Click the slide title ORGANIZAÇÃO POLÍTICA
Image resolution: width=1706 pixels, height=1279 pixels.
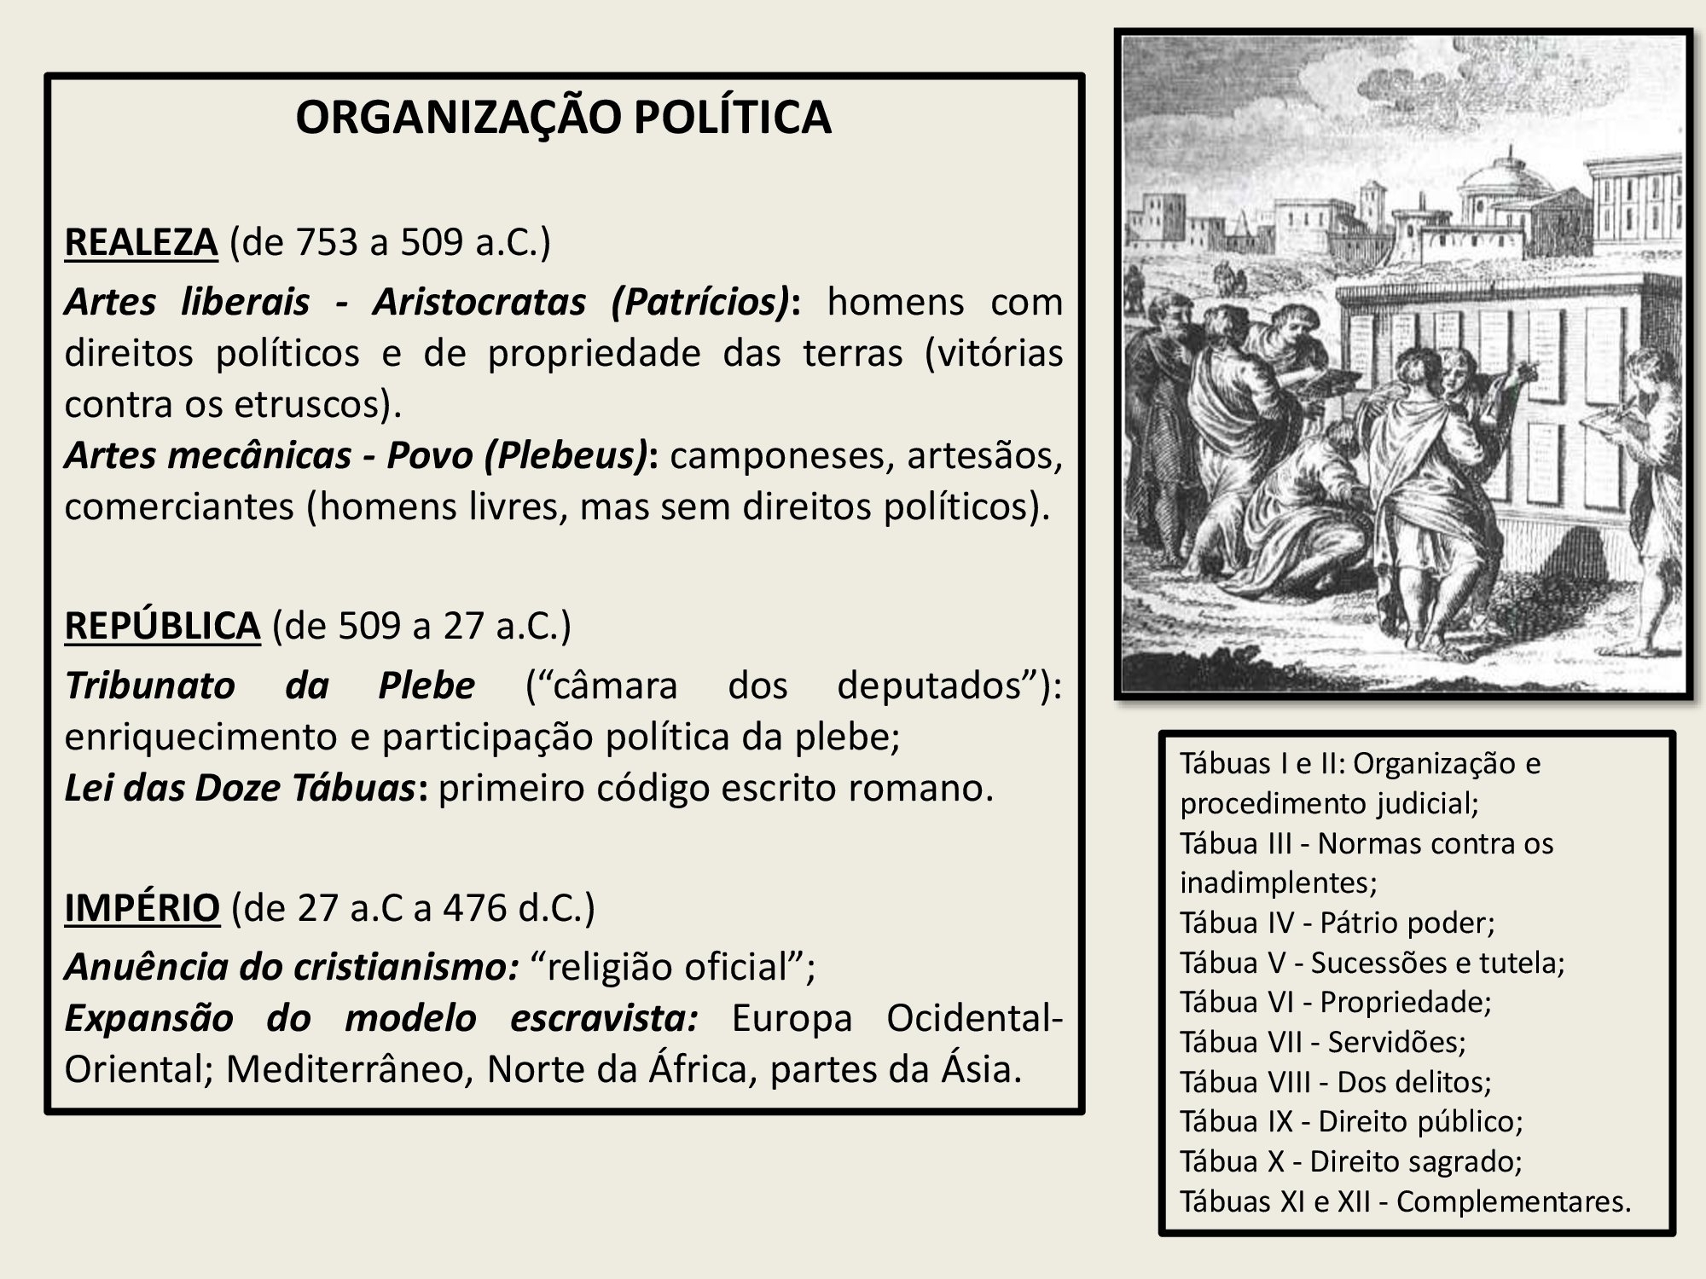563,118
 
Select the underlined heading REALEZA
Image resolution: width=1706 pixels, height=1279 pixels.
141,242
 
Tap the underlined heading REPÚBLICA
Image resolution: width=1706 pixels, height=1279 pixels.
162,625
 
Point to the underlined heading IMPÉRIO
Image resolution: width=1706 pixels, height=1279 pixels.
142,908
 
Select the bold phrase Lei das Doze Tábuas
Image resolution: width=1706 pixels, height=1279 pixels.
240,789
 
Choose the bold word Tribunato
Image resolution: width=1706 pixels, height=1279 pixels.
149,686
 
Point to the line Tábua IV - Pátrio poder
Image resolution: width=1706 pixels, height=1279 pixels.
1337,923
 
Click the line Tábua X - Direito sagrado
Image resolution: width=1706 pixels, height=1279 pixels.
1351,1161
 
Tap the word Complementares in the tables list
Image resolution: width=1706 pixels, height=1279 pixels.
1513,1201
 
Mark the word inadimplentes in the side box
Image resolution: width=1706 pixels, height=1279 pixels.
1278,882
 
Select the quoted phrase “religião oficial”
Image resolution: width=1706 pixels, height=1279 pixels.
673,967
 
